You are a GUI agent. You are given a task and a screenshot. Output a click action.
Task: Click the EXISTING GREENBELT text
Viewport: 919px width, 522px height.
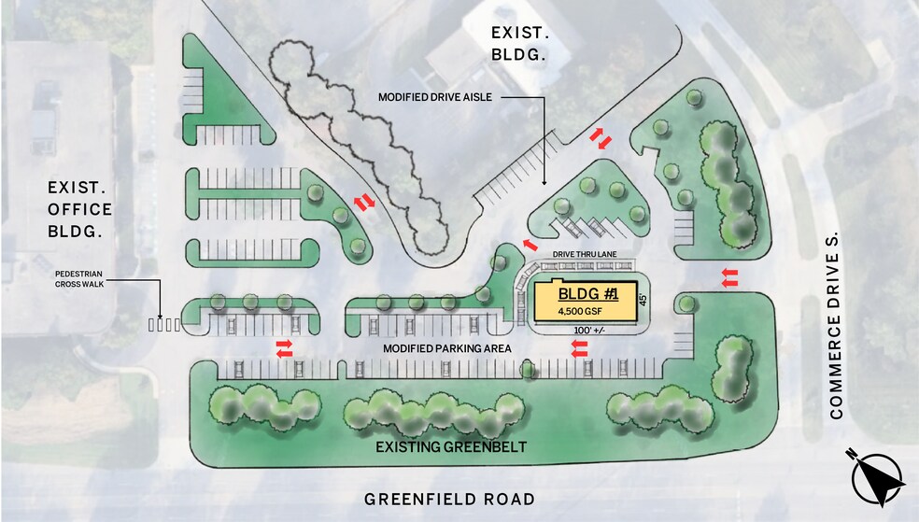(x=451, y=448)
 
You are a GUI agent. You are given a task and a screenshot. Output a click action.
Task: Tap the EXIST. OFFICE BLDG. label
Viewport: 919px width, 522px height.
(x=80, y=209)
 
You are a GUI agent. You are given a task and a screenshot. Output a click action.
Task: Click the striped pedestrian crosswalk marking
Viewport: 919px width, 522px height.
(x=164, y=325)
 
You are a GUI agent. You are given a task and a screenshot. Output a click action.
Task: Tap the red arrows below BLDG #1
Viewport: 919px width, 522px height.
(x=580, y=348)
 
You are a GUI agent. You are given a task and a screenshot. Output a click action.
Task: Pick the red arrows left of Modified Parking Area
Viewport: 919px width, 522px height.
(x=284, y=348)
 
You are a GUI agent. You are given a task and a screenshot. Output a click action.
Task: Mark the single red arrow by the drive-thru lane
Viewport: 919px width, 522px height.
(x=530, y=245)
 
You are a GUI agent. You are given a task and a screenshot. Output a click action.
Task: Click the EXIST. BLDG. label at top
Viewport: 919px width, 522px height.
(x=519, y=44)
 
